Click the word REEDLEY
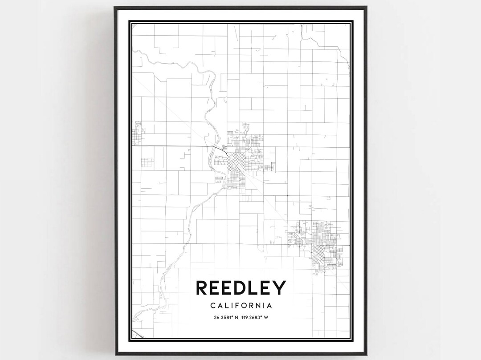[x=240, y=288]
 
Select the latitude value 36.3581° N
[x=222, y=317]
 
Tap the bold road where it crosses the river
[x=213, y=147]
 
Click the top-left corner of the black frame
[x=114, y=7]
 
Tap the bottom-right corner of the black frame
[x=367, y=354]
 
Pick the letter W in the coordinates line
[x=270, y=317]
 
